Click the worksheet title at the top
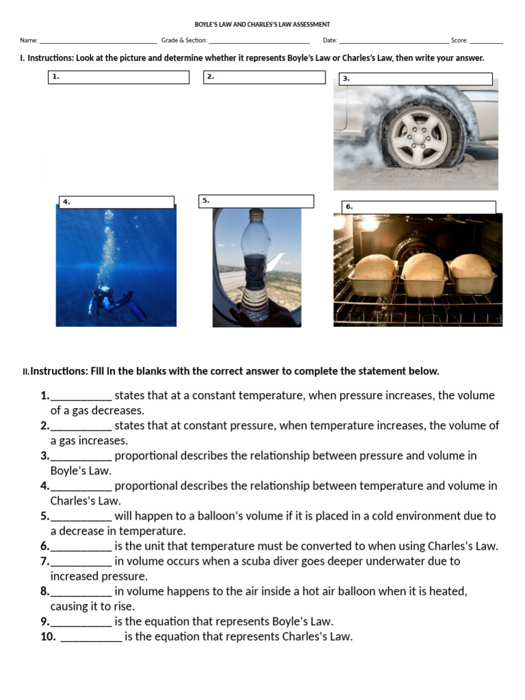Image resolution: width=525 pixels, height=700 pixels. (262, 25)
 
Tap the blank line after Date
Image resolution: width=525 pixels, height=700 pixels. (394, 41)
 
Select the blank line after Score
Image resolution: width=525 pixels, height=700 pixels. (486, 41)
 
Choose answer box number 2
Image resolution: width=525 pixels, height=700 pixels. (264, 77)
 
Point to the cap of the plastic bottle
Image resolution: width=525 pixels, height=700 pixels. (256, 214)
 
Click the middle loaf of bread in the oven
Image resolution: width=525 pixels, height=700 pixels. (423, 267)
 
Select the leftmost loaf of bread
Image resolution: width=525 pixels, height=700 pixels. (373, 268)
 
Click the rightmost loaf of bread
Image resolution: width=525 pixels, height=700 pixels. (472, 267)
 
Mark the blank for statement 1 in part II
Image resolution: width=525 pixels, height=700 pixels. (81, 396)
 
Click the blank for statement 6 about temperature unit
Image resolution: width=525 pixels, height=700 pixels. (81, 547)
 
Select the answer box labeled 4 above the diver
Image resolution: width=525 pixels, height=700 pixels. (116, 202)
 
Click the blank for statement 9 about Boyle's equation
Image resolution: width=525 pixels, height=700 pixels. (81, 622)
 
